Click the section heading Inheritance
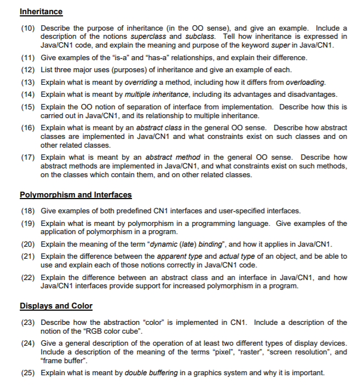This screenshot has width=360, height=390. click(x=41, y=11)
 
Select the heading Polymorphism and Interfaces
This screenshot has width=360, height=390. click(x=76, y=195)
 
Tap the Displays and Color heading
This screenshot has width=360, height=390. click(x=56, y=306)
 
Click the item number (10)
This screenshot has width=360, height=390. click(x=28, y=28)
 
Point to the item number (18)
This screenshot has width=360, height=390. click(x=28, y=211)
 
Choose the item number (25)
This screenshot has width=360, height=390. click(x=28, y=373)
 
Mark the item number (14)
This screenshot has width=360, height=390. click(x=28, y=95)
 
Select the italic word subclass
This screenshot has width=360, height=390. click(x=201, y=36)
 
